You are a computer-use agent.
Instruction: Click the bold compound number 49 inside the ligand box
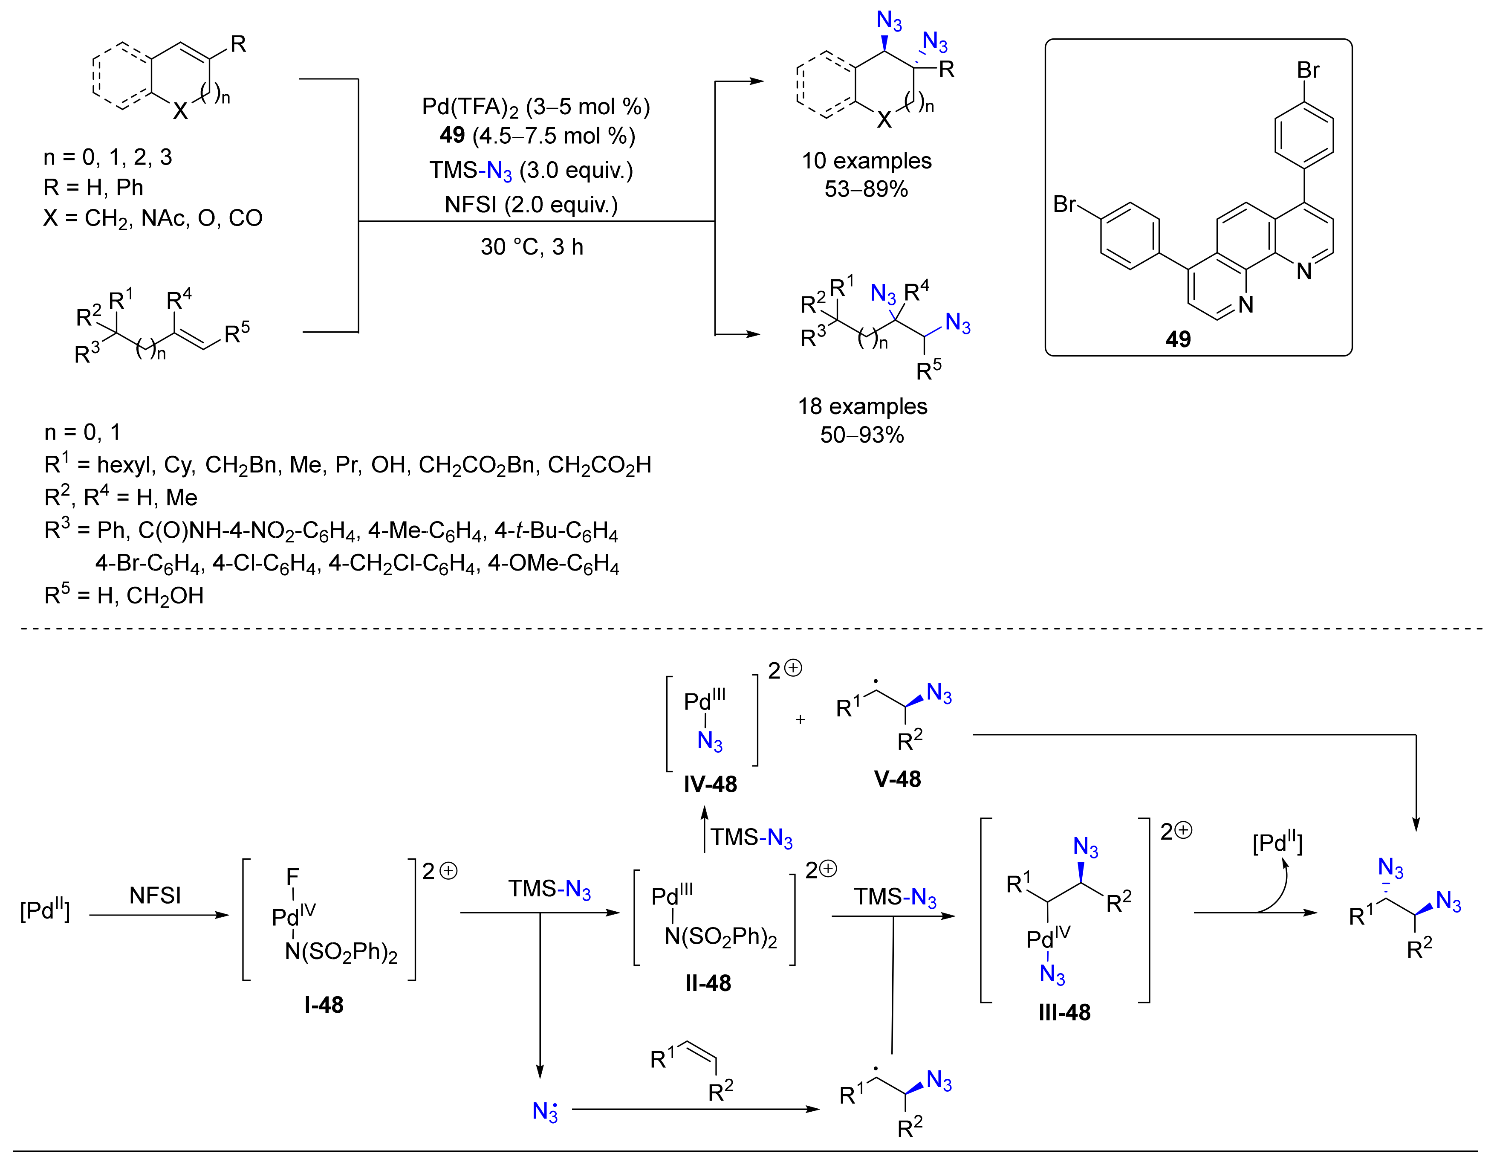point(1178,339)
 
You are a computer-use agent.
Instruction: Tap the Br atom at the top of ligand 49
point(1308,70)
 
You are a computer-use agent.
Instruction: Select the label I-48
point(324,1005)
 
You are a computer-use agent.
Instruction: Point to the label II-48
point(708,982)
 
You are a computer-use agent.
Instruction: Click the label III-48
point(1064,1012)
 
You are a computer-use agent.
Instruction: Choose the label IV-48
point(710,784)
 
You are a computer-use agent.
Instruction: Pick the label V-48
point(897,779)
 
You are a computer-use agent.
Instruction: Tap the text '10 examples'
point(867,160)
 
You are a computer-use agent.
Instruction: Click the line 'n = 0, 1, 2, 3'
point(107,157)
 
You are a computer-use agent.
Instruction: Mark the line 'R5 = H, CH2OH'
point(124,595)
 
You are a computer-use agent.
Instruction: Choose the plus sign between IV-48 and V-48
point(800,719)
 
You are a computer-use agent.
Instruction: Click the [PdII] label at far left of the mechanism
point(45,910)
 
